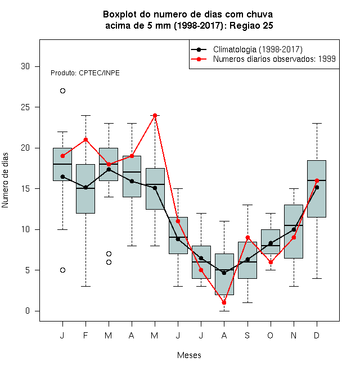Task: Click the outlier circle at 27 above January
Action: [62, 91]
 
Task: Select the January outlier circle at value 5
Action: [62, 270]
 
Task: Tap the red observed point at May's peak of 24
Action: [155, 115]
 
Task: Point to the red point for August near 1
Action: [224, 303]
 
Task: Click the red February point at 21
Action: [85, 140]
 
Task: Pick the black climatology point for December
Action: [317, 188]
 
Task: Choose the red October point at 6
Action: [271, 262]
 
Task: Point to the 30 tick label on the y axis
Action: [25, 66]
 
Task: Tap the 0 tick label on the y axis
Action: [28, 311]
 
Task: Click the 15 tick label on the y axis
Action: [25, 189]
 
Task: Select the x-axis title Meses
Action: [189, 355]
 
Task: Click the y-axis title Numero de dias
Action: [5, 180]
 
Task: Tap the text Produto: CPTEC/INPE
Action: [85, 73]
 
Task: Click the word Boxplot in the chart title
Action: [120, 15]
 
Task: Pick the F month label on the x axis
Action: [85, 335]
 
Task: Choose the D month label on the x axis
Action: [317, 335]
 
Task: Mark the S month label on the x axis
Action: [247, 335]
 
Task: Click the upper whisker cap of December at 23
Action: [317, 124]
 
